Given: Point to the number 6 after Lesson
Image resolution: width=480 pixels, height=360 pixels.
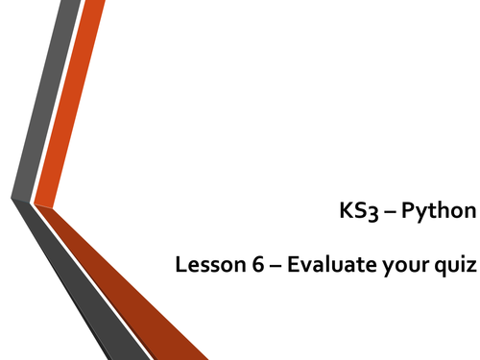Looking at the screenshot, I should (253, 268).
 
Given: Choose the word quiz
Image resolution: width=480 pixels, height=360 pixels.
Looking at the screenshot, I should (455, 269).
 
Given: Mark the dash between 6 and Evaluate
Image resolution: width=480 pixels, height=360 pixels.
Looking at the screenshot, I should (273, 269).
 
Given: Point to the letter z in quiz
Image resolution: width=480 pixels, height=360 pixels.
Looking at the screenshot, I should (470, 270).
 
